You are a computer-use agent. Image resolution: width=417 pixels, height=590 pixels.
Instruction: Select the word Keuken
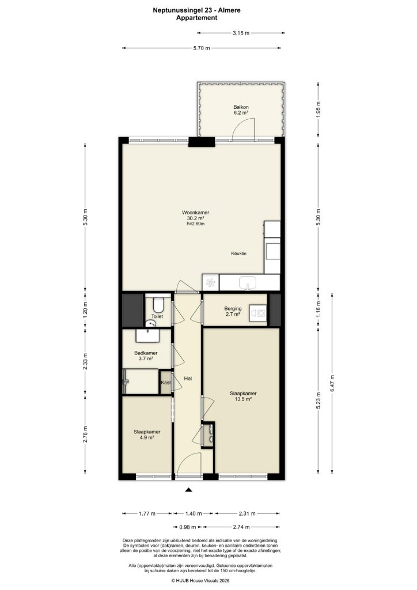point(239,254)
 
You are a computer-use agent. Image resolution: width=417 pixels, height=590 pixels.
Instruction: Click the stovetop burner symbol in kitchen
point(210,282)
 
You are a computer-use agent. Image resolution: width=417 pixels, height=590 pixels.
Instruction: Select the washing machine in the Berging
point(257,313)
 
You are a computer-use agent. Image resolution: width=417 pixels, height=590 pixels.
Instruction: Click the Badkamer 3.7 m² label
point(146,355)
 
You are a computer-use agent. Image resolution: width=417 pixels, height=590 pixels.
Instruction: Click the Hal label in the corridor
point(188,378)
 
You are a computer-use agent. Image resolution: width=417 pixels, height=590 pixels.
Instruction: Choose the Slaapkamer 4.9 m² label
point(147,434)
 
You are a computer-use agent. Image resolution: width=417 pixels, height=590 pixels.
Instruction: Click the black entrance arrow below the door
point(188,490)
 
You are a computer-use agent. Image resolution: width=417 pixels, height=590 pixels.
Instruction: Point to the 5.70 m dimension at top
point(201,49)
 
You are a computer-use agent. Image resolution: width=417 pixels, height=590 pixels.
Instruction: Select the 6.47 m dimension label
point(333,381)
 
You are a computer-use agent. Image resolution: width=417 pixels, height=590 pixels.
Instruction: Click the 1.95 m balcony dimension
point(318,110)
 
